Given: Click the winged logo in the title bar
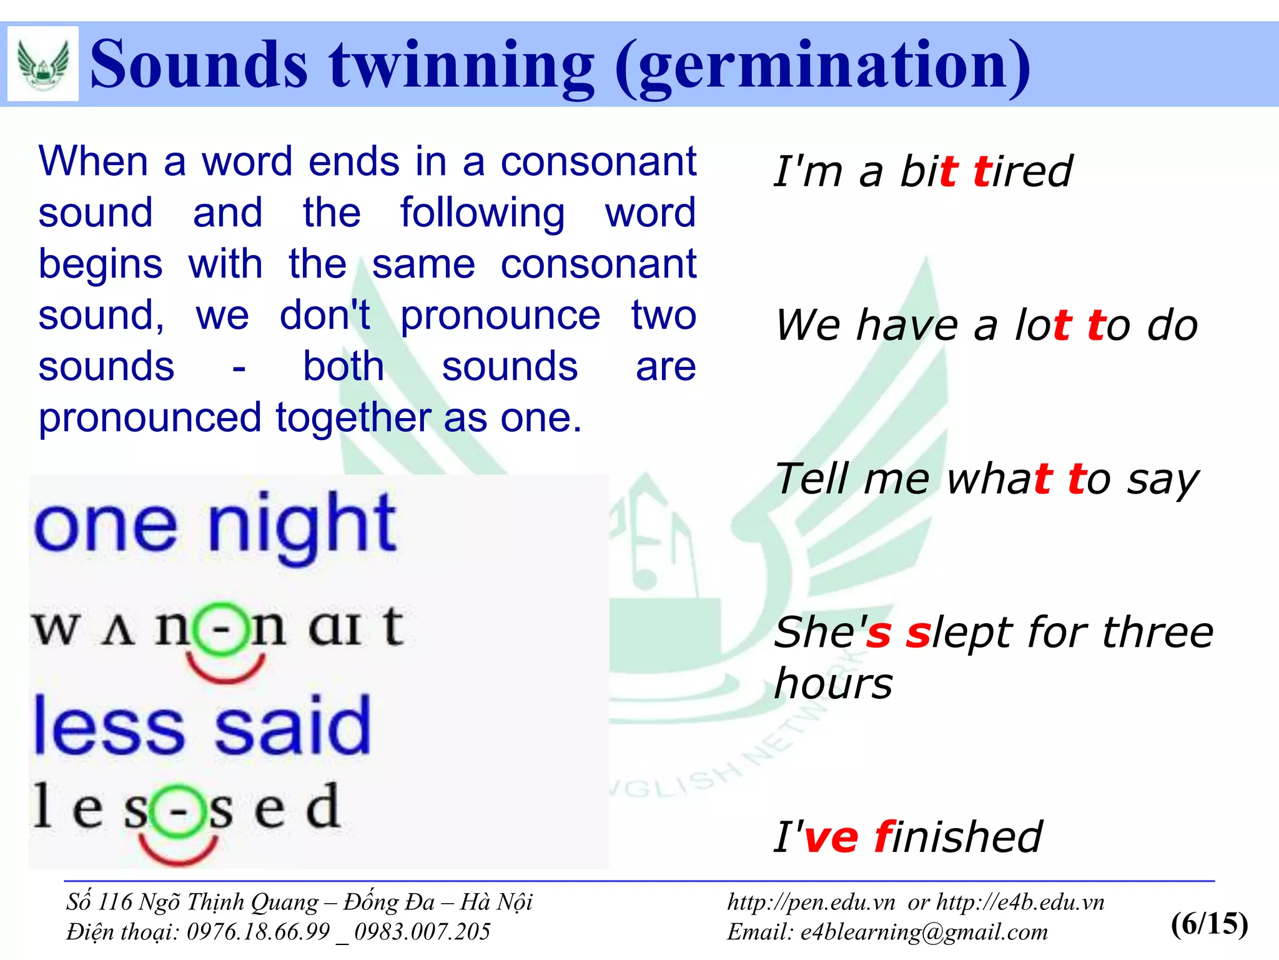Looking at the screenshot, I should coord(42,64).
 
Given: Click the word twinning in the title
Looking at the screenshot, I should coord(462,64).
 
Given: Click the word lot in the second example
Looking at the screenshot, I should coord(1042,325).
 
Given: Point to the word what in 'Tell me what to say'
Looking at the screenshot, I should coord(1000,479).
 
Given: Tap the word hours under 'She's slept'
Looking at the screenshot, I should coord(833,683).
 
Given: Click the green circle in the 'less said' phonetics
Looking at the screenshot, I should coord(178,811).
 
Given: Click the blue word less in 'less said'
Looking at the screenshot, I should coord(109,726).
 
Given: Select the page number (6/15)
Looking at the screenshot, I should coord(1209,923).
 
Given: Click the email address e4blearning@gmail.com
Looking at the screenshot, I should coord(924,932).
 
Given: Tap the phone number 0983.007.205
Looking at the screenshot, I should coord(422,932).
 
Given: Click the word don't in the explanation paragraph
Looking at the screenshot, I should coord(325,315).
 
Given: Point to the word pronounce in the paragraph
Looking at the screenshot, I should coord(500,316).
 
